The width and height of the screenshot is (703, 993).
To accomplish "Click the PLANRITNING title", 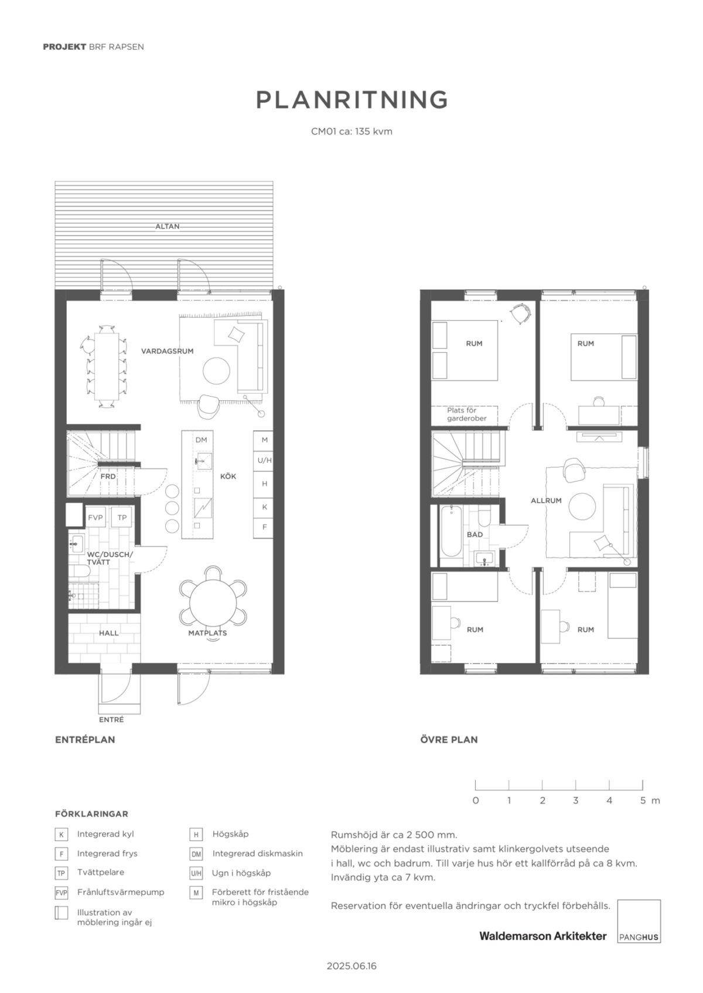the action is (x=351, y=99).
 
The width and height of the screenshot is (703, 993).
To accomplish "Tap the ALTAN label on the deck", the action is (x=168, y=226).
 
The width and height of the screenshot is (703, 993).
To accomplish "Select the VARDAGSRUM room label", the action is (x=168, y=351).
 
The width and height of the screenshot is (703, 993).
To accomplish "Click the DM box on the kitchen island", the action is (x=201, y=440).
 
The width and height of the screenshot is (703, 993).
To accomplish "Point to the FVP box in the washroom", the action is (x=95, y=517).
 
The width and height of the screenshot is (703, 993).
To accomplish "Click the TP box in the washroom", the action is (x=122, y=517).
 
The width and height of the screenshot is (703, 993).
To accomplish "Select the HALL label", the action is (x=109, y=633).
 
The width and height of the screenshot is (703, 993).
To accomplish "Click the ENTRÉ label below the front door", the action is (x=111, y=720).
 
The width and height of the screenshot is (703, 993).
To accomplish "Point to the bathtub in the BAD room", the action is (x=451, y=531).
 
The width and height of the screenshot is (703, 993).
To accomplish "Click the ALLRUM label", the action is (x=547, y=500).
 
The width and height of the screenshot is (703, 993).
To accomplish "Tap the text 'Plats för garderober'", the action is (x=466, y=414).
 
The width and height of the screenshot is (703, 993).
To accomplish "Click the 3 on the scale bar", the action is (x=576, y=800).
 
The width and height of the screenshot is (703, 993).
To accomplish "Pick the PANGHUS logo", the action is (x=639, y=921).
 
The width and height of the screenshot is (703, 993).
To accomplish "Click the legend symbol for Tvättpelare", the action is (x=62, y=873).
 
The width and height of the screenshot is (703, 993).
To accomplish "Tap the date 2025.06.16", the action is (x=351, y=966).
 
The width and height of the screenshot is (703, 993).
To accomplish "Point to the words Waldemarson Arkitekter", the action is (x=543, y=936).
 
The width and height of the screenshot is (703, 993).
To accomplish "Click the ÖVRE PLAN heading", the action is (x=449, y=740).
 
